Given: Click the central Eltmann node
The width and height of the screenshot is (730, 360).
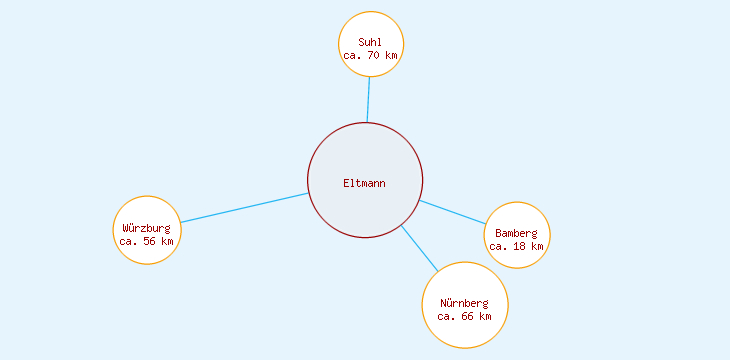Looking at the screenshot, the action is (x=365, y=160).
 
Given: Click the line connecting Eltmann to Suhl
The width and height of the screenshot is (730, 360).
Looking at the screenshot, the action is (x=368, y=100).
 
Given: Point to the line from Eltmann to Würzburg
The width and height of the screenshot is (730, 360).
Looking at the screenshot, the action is (x=245, y=207).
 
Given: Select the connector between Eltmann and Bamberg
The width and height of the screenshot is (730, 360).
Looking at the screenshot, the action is (x=452, y=212).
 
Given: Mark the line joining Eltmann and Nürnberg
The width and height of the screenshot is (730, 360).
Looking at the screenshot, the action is (x=419, y=248).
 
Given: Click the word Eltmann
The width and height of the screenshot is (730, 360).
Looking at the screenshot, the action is (x=365, y=183).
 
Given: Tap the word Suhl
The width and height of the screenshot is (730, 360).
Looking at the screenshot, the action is (x=371, y=42).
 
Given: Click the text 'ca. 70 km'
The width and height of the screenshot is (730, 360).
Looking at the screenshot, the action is (x=371, y=56).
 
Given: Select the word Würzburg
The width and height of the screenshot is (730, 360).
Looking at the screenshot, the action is (x=146, y=228).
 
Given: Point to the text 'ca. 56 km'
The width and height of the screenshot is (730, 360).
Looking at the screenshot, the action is (x=146, y=241).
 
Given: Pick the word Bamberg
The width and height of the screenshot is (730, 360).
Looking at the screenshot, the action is (x=517, y=233).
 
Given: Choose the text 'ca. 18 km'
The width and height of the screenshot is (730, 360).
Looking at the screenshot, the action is (x=517, y=246).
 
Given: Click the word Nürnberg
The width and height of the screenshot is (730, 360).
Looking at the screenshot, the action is (x=465, y=303).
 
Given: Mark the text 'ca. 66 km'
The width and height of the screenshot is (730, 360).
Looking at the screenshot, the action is (x=465, y=317).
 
